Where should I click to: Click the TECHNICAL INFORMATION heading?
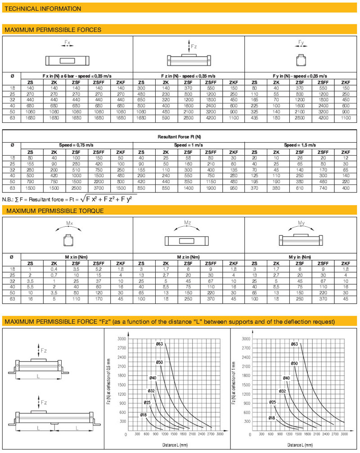[x=43, y=9]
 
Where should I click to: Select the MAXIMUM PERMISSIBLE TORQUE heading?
[x=54, y=211]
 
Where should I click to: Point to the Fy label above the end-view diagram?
[x=301, y=43]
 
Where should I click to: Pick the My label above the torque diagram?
[x=301, y=223]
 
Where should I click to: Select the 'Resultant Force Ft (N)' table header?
[x=180, y=136]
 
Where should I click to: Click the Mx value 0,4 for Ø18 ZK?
[x=54, y=269]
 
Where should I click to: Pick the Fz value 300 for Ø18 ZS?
[x=141, y=88]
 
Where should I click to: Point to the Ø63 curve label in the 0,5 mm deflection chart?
[x=159, y=344]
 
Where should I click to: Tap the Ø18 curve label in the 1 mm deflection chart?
[x=271, y=418]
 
